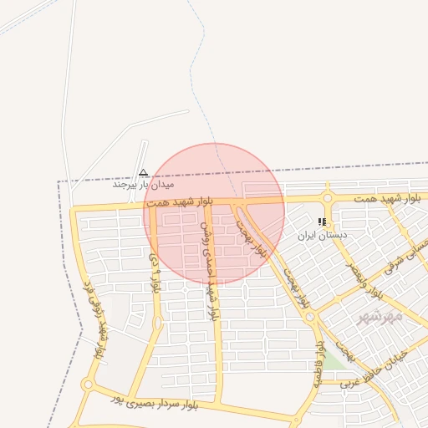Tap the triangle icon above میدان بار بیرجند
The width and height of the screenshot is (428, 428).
(x=143, y=171)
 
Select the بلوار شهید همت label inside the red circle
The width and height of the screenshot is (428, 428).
(x=179, y=203)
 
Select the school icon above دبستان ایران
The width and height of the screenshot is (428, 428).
(x=322, y=222)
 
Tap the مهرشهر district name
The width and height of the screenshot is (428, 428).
(x=380, y=316)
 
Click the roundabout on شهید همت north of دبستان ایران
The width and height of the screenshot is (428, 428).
(x=327, y=199)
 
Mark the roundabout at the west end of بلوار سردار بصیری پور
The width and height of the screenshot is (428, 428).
(x=88, y=385)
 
